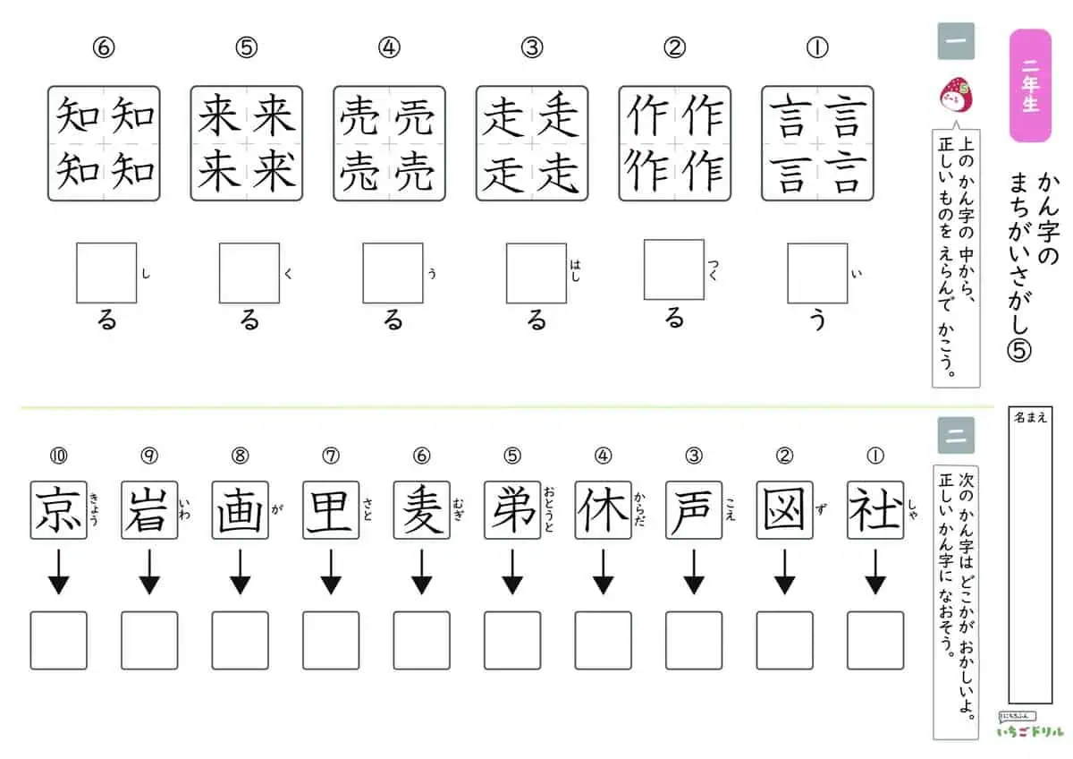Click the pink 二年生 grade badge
pyautogui.click(x=1030, y=85)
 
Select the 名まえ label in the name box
pyautogui.click(x=1030, y=418)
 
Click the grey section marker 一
pyautogui.click(x=956, y=41)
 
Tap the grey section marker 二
pyautogui.click(x=956, y=435)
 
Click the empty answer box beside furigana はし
pyautogui.click(x=536, y=273)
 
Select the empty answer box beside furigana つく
pyautogui.click(x=674, y=270)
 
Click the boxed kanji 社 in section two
pyautogui.click(x=875, y=510)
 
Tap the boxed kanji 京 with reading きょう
pyautogui.click(x=58, y=510)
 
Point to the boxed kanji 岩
pyautogui.click(x=149, y=510)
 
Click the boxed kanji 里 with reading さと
pyautogui.click(x=331, y=510)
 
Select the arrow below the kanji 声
pyautogui.click(x=694, y=572)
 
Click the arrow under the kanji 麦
pyautogui.click(x=421, y=572)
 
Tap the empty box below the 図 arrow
pyautogui.click(x=785, y=640)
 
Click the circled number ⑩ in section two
pyautogui.click(x=58, y=456)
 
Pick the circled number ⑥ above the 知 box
pyautogui.click(x=104, y=48)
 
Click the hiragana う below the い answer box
pyautogui.click(x=817, y=320)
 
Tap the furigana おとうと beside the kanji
pyautogui.click(x=549, y=509)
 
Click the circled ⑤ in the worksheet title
pyautogui.click(x=1018, y=351)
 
